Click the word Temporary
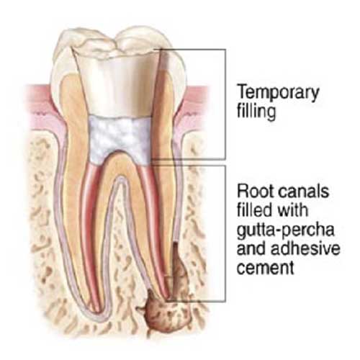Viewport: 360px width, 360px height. pos(278,93)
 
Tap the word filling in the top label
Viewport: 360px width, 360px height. pos(256,112)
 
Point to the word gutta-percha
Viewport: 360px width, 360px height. pos(285,230)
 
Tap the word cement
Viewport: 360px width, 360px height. pos(266,267)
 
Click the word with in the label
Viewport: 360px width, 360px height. pos(292,210)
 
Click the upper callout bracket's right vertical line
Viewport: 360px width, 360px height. pos(225,104)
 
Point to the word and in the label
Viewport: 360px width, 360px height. pos(251,248)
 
